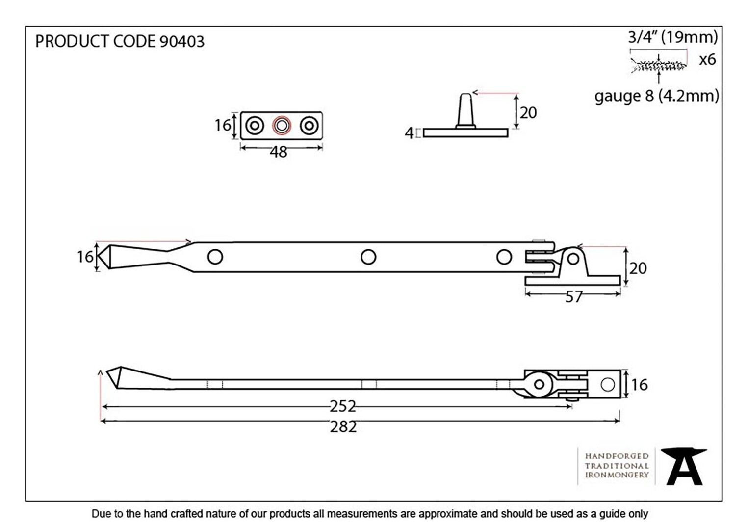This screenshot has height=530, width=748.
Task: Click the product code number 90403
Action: [x=181, y=41]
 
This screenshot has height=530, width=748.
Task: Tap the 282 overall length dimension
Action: [x=343, y=427]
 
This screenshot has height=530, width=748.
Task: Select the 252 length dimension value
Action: [x=343, y=407]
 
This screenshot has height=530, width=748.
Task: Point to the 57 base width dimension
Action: [x=573, y=297]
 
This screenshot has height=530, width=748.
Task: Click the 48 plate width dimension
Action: [x=279, y=152]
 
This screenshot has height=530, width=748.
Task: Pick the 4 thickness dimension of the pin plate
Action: [x=409, y=133]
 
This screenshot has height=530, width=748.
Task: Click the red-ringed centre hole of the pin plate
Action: [x=282, y=126]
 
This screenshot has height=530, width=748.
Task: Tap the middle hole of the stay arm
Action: [x=368, y=257]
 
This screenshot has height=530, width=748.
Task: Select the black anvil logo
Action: [x=684, y=467]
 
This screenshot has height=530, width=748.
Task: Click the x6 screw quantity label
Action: [x=708, y=60]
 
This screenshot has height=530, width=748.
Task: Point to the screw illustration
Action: [x=659, y=66]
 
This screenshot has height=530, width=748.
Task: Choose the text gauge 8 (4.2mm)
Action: [x=656, y=96]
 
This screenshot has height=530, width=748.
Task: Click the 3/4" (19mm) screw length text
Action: [x=672, y=37]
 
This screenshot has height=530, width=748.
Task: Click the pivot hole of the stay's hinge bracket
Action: [x=573, y=259]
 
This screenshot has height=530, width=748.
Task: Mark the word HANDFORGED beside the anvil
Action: [x=617, y=456]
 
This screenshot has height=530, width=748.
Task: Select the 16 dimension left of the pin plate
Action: [x=222, y=125]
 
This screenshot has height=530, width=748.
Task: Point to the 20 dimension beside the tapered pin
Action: [x=528, y=113]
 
